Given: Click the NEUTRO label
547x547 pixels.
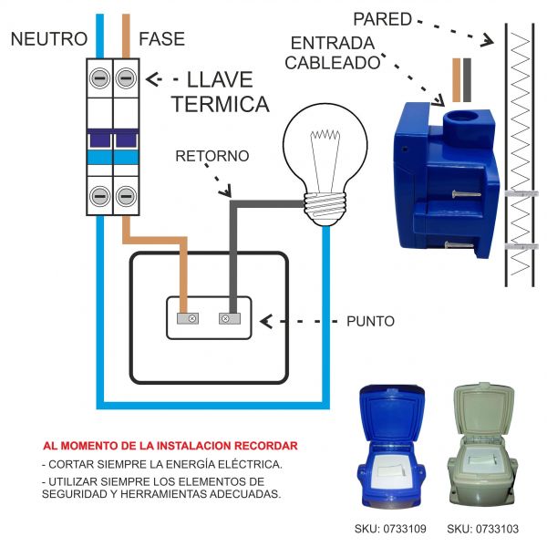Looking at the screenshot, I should point(49,39).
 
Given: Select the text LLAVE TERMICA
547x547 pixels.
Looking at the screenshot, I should point(221,92).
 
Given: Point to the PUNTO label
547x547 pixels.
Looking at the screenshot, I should point(370,322).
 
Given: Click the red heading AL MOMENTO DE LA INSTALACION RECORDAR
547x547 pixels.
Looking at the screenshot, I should point(170,446).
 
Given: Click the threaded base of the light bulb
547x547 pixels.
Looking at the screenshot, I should point(325,206).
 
